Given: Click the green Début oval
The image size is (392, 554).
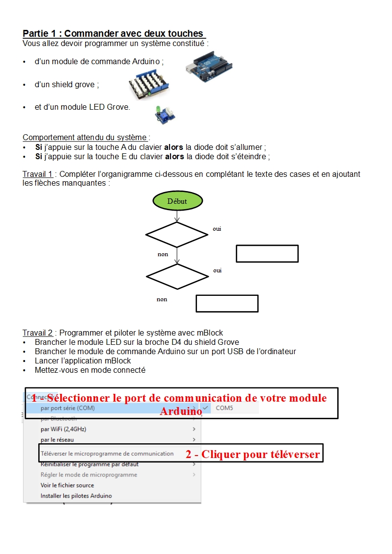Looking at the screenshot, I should (x=177, y=201).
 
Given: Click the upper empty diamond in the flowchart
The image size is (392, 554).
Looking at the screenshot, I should (x=177, y=235).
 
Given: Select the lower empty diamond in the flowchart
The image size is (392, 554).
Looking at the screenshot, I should (x=177, y=277).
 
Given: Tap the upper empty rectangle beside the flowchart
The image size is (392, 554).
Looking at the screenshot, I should (x=267, y=254).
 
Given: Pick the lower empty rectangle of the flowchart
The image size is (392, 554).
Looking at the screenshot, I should (x=227, y=303).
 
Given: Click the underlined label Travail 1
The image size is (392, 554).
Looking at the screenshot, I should (x=37, y=174).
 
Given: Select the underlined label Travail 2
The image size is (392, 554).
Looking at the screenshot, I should (x=37, y=333).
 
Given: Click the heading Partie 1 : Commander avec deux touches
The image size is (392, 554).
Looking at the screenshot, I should (x=113, y=34).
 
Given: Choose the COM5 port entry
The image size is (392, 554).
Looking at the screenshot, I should (x=224, y=408).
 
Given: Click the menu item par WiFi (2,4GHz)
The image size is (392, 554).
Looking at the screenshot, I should (x=63, y=429).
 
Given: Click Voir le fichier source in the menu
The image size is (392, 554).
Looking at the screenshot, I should (x=67, y=485).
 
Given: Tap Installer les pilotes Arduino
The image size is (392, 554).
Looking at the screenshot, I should (x=76, y=496).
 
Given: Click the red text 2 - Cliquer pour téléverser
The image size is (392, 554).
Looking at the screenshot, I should (x=252, y=455).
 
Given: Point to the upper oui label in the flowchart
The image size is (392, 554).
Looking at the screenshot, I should (x=217, y=229).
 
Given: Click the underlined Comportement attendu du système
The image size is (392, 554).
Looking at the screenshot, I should (x=85, y=138).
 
